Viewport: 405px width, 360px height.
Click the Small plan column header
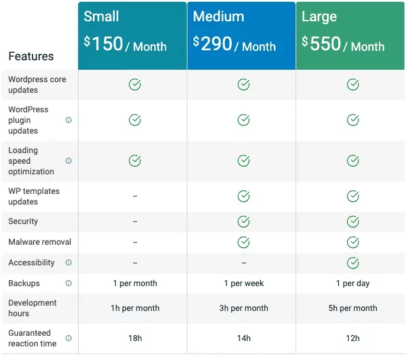click(101, 16)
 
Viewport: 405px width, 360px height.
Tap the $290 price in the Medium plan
click(212, 43)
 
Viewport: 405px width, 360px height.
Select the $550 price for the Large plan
click(321, 43)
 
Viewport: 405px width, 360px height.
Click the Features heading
click(31, 56)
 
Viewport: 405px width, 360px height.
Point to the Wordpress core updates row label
click(37, 85)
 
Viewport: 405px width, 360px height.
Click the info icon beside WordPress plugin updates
click(69, 120)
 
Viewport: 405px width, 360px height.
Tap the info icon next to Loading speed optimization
click(69, 161)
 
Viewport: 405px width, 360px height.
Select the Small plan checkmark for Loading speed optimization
click(135, 161)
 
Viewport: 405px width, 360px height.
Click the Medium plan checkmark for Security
click(244, 222)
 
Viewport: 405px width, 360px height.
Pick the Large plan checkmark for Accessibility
click(353, 262)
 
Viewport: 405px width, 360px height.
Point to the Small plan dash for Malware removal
click(135, 242)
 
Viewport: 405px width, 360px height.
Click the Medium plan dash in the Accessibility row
click(244, 263)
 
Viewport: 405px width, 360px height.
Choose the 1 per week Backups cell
click(244, 283)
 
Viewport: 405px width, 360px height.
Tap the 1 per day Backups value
click(353, 283)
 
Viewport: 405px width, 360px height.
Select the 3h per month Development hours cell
click(244, 308)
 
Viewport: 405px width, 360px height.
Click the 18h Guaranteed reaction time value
click(135, 338)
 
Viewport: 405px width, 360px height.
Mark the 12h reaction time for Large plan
click(353, 338)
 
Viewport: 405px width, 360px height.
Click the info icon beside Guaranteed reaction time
click(69, 338)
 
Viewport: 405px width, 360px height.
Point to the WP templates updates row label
click(34, 196)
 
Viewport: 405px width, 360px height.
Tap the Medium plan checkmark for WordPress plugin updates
click(244, 120)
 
